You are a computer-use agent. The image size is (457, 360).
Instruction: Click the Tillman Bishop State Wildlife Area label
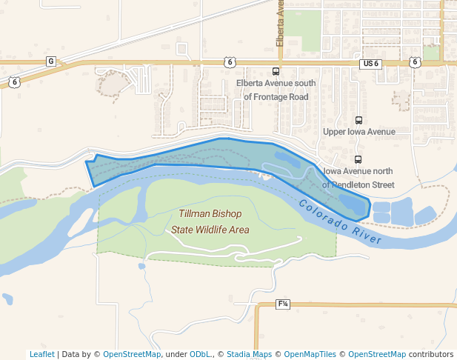click(x=210, y=221)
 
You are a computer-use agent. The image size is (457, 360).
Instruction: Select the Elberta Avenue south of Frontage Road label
click(x=276, y=90)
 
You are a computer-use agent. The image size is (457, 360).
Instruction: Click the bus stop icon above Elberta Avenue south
click(x=276, y=72)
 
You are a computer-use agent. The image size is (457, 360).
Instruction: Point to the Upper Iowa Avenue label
click(x=359, y=132)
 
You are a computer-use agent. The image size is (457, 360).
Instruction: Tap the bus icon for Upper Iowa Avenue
click(x=359, y=120)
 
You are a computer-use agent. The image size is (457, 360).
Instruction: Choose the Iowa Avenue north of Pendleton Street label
click(x=359, y=178)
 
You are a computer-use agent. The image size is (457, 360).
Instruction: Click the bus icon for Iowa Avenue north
click(x=358, y=159)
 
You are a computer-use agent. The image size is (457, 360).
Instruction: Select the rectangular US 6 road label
click(x=370, y=64)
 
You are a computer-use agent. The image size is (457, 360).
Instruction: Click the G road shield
click(x=50, y=61)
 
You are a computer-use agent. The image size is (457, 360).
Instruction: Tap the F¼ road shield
click(x=283, y=304)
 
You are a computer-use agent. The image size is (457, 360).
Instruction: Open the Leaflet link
click(x=41, y=354)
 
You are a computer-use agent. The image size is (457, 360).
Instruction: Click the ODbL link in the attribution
click(x=199, y=354)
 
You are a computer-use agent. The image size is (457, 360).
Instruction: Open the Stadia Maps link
click(x=249, y=354)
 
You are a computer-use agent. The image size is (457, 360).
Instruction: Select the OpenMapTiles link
click(x=307, y=354)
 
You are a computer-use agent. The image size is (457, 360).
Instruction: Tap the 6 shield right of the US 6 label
click(x=414, y=62)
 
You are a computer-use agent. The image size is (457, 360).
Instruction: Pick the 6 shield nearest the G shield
click(x=15, y=82)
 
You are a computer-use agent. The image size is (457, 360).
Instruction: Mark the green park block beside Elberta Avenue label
click(x=304, y=26)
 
